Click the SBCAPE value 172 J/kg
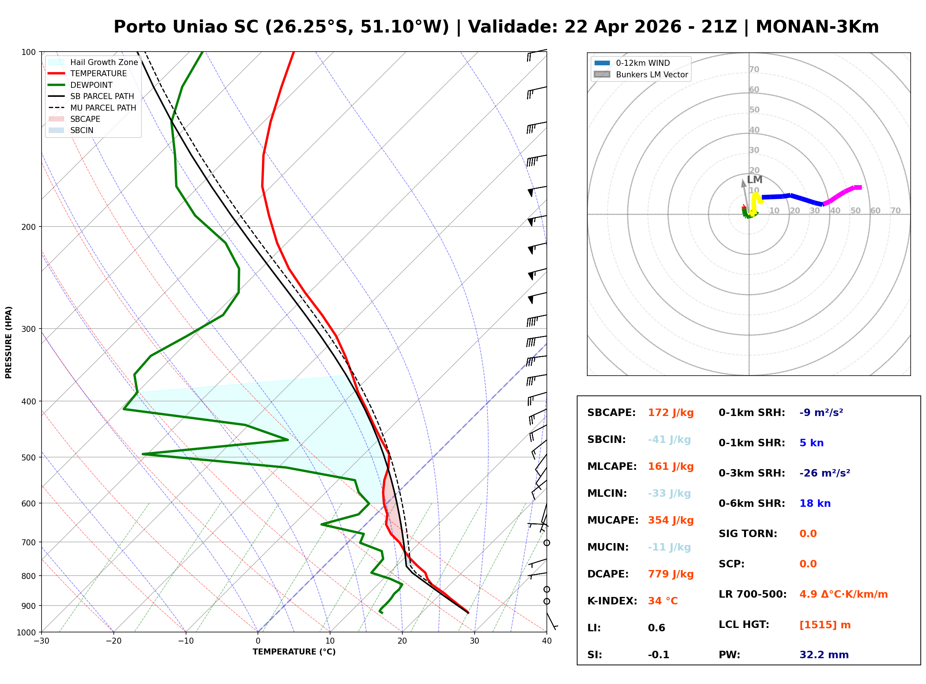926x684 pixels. coord(670,413)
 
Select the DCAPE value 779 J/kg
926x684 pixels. coord(670,574)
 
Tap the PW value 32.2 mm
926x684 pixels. coord(823,655)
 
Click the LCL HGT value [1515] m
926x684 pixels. coord(825,625)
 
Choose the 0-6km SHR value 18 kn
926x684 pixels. coord(815,503)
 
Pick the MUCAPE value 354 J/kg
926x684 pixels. coord(670,520)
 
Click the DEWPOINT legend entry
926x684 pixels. coord(91,85)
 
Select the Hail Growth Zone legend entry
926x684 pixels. coord(104,62)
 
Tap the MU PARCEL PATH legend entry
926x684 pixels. coord(103,108)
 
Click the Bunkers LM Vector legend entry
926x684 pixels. coord(652,74)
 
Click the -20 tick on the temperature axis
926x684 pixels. coord(113,641)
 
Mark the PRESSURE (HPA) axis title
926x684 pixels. coord(9,342)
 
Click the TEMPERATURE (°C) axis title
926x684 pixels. coord(294,652)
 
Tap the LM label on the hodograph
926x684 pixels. coord(755,180)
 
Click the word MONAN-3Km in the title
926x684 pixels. coord(817,27)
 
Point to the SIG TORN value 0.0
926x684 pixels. coord(808,534)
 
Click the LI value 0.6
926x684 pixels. coord(656,628)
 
